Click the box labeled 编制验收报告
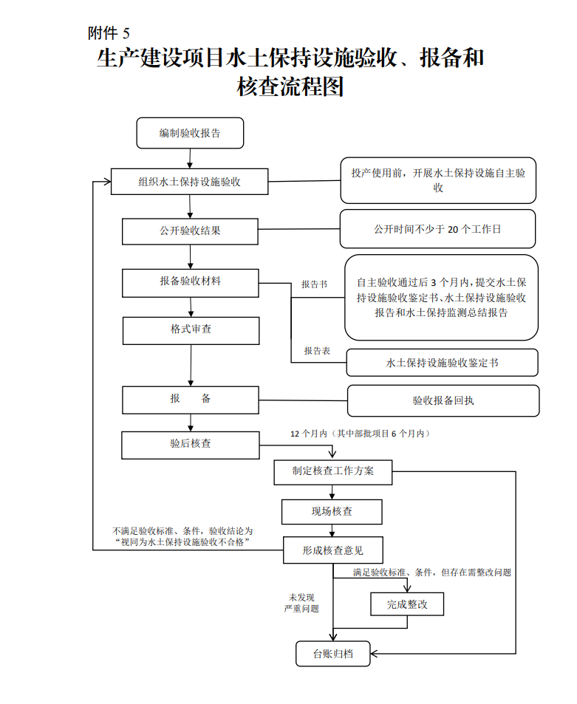click(190, 133)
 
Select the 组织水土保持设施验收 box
click(189, 182)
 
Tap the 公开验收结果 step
click(190, 231)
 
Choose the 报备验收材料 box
click(191, 283)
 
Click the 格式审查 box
click(191, 331)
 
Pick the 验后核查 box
click(191, 445)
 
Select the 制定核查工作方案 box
click(332, 472)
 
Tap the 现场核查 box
click(332, 512)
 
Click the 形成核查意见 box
click(332, 550)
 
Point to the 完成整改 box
click(407, 604)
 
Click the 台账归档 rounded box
click(332, 654)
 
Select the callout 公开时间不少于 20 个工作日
click(438, 229)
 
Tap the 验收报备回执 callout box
click(443, 400)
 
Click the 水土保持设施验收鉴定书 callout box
click(442, 363)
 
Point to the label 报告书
click(314, 284)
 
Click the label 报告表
click(317, 351)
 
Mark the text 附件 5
click(109, 33)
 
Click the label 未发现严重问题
click(301, 603)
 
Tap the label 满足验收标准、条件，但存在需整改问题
click(432, 573)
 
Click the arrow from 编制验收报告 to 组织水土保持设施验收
click(190, 159)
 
